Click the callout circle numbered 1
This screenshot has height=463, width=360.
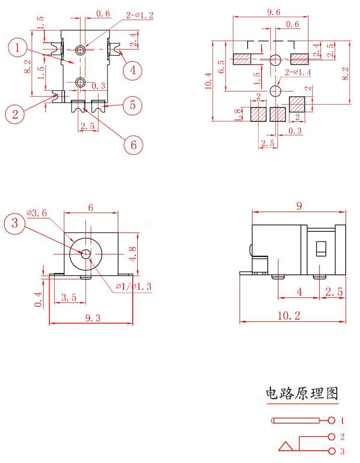(17, 47)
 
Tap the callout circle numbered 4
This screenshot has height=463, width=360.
(133, 70)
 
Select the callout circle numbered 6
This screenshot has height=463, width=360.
(133, 145)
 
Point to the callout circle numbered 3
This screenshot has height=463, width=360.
(14, 223)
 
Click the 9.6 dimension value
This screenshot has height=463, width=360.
(274, 12)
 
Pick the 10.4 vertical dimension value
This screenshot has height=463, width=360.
(208, 81)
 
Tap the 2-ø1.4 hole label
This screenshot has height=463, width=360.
(298, 72)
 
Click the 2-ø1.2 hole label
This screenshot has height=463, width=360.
(140, 15)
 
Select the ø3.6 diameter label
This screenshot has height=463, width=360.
(36, 213)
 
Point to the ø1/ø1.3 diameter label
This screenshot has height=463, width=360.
(133, 286)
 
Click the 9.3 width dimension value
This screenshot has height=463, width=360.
(93, 318)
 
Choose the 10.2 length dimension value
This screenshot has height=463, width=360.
(289, 316)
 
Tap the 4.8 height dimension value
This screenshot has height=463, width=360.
(133, 254)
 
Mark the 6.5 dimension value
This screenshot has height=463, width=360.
(221, 66)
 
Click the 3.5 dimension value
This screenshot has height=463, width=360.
(69, 297)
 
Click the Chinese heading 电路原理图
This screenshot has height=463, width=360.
(301, 393)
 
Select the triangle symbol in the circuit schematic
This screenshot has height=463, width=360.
(286, 447)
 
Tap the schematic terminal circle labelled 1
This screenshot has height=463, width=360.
(332, 420)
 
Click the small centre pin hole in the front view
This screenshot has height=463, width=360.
(86, 253)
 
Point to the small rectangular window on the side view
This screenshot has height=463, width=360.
(321, 249)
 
